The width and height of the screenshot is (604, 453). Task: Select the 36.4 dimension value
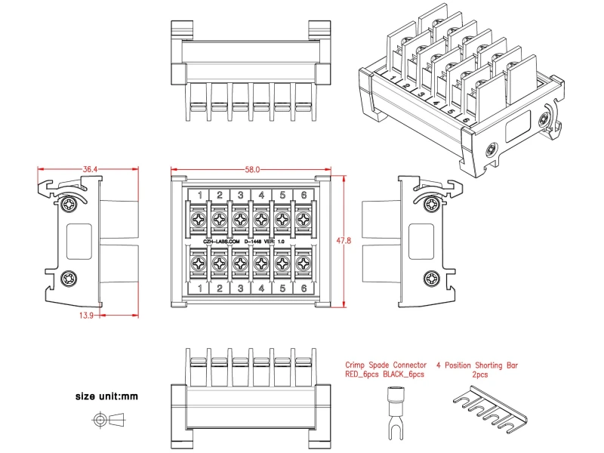click(x=90, y=170)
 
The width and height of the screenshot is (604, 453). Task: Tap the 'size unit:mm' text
click(x=106, y=396)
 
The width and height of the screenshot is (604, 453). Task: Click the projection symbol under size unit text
click(x=106, y=420)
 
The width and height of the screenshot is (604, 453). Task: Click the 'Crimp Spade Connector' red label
click(x=385, y=365)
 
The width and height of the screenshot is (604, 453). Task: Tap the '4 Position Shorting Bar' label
click(x=479, y=365)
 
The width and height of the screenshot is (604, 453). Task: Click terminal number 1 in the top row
click(x=199, y=196)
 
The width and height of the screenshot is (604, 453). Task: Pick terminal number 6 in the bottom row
click(x=302, y=288)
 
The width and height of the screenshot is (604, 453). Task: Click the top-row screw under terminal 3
click(x=239, y=220)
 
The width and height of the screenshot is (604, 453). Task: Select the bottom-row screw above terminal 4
click(x=260, y=263)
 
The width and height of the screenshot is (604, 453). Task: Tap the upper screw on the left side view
click(x=69, y=204)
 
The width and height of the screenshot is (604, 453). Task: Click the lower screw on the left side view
click(x=69, y=279)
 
